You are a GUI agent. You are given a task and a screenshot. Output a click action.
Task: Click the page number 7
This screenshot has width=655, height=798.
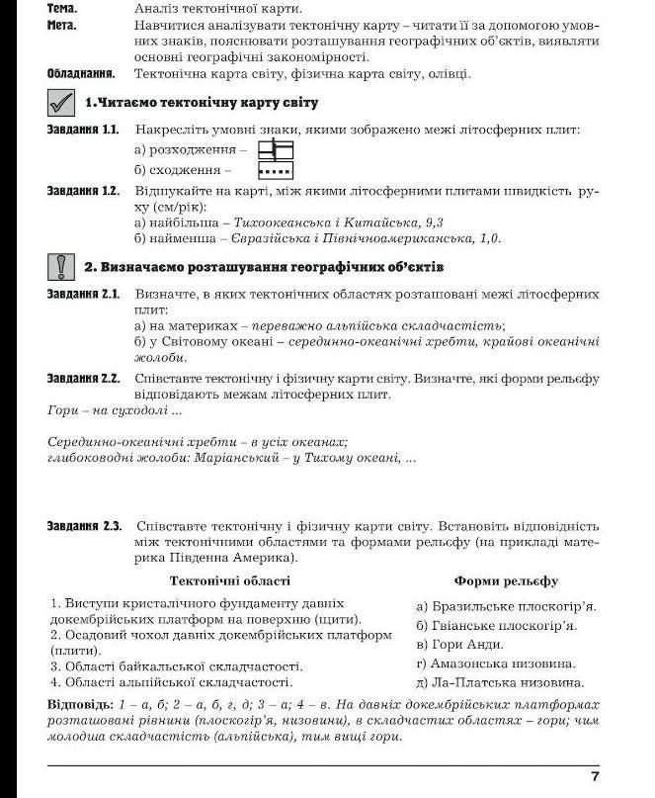tap(595, 775)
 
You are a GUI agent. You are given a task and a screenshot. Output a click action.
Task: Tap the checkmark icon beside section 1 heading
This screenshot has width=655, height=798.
tap(60, 102)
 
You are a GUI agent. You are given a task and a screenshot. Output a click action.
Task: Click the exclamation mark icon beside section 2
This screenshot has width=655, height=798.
tap(60, 266)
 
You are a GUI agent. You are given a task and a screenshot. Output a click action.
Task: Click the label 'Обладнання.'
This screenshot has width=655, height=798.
tap(81, 73)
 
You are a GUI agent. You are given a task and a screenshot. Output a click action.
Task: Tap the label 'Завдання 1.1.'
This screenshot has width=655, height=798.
tap(83, 130)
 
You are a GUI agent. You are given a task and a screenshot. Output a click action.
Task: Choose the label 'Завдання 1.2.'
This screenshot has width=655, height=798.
tap(83, 190)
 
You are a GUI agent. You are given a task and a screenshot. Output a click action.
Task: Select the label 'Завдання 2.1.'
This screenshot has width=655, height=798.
tap(83, 294)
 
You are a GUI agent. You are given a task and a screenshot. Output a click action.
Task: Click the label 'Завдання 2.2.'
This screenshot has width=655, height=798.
tap(83, 377)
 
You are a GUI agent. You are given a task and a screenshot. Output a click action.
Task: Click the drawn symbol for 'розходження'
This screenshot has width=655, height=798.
tap(276, 149)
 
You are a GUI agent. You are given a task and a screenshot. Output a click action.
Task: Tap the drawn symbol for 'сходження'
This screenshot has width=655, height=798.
tap(276, 169)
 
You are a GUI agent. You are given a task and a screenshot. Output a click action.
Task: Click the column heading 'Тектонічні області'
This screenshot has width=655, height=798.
tap(230, 580)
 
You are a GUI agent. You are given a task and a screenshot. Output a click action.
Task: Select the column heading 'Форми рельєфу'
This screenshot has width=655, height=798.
tap(506, 580)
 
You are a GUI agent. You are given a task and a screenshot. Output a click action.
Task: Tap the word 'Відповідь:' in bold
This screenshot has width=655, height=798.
tap(80, 704)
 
